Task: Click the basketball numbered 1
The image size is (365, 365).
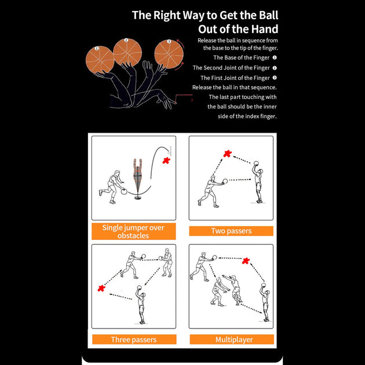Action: [100, 59]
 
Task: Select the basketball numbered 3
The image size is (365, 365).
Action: [169, 53]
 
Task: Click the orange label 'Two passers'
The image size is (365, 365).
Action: [231, 231]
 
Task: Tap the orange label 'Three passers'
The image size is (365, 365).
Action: [134, 340]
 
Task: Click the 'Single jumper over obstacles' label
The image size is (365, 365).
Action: [133, 232]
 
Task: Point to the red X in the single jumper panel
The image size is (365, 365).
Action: [167, 159]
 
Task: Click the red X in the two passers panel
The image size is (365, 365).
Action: [228, 154]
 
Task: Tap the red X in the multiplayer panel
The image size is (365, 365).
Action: [246, 261]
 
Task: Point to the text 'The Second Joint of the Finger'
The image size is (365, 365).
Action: [231, 68]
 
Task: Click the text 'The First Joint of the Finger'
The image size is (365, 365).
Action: [235, 78]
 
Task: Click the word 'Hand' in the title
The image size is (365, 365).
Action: [264, 29]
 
